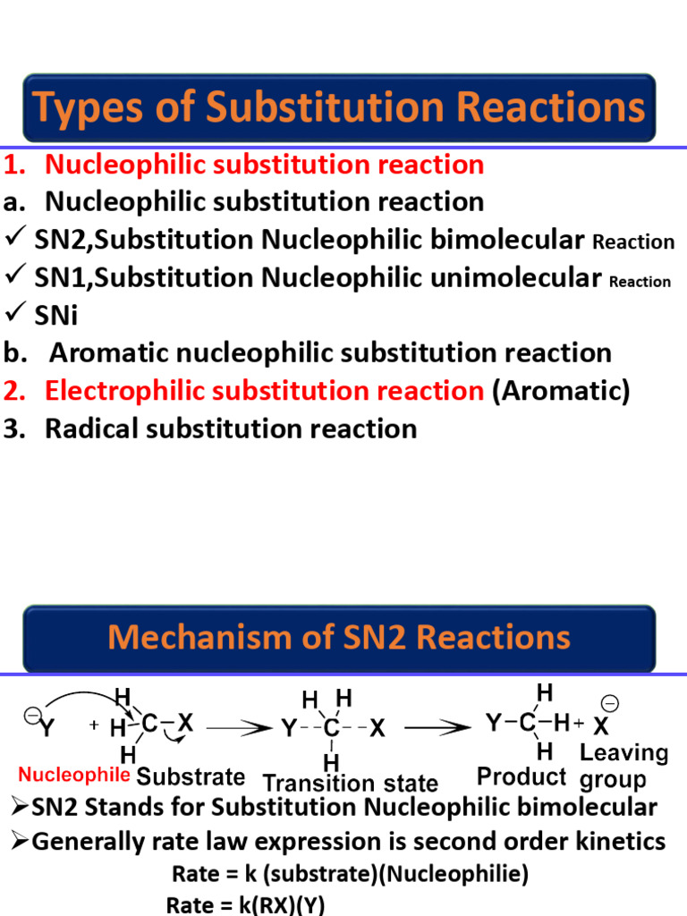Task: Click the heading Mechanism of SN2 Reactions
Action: click(x=339, y=638)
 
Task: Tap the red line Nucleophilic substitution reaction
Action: click(x=264, y=165)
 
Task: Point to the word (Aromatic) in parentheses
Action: click(x=561, y=391)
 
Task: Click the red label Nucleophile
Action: click(x=74, y=774)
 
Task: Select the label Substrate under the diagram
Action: click(x=191, y=776)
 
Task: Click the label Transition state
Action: click(x=351, y=784)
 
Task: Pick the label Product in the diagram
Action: click(x=522, y=776)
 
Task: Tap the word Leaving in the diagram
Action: click(x=624, y=753)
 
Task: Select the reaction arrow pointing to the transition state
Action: click(x=241, y=729)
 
